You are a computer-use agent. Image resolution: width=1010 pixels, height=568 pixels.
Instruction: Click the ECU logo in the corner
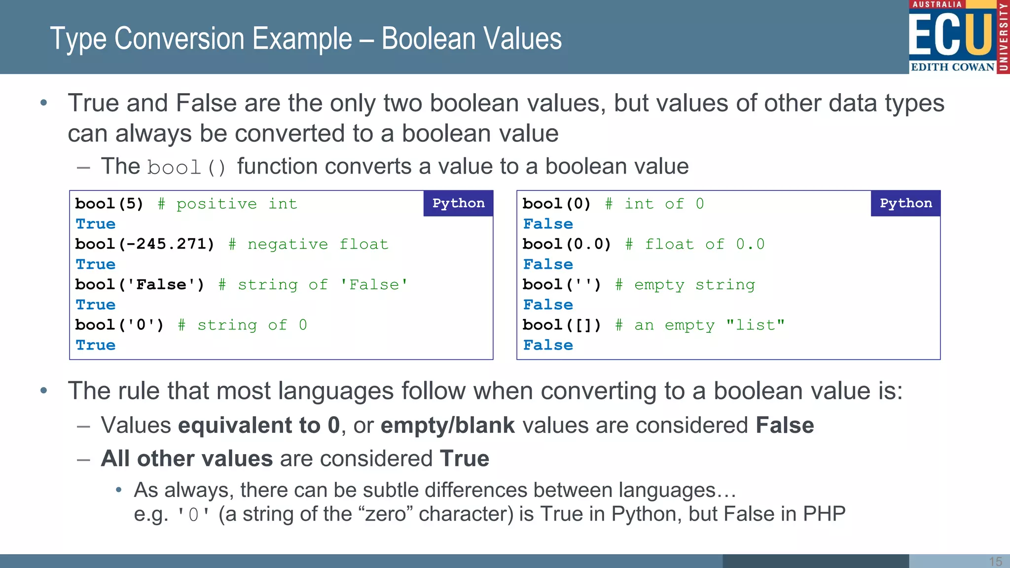tap(958, 37)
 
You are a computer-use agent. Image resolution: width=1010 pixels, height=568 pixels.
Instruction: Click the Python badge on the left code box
tap(458, 203)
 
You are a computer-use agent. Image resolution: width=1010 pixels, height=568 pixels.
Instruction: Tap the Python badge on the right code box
tap(905, 203)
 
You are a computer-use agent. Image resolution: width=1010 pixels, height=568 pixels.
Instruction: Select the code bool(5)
tap(109, 204)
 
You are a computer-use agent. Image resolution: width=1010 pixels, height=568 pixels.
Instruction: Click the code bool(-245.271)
tap(144, 244)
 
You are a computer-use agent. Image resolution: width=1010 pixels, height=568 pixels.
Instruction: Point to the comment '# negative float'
tap(308, 244)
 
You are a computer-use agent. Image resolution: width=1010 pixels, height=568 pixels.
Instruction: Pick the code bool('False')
tap(140, 284)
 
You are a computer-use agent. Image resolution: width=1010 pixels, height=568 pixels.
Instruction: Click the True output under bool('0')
tap(96, 345)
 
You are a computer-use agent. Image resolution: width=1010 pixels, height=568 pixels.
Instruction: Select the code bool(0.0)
tap(567, 244)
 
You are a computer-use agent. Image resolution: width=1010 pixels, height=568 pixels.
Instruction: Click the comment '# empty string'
tap(685, 284)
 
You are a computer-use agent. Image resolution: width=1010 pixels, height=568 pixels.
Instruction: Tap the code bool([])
tap(562, 325)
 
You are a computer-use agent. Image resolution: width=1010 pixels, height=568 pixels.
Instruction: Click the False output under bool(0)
tap(548, 224)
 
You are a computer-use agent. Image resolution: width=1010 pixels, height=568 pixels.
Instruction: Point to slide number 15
tap(995, 561)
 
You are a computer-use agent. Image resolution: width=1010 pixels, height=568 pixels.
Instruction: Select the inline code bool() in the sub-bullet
tap(186, 168)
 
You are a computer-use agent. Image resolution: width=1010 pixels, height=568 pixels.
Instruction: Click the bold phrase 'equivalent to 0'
tap(259, 425)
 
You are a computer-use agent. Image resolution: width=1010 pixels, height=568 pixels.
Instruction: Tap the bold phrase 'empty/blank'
tap(447, 425)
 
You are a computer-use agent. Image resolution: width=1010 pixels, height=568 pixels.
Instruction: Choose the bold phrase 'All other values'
tap(186, 459)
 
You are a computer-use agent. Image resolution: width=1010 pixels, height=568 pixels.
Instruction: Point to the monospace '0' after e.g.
tap(193, 515)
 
